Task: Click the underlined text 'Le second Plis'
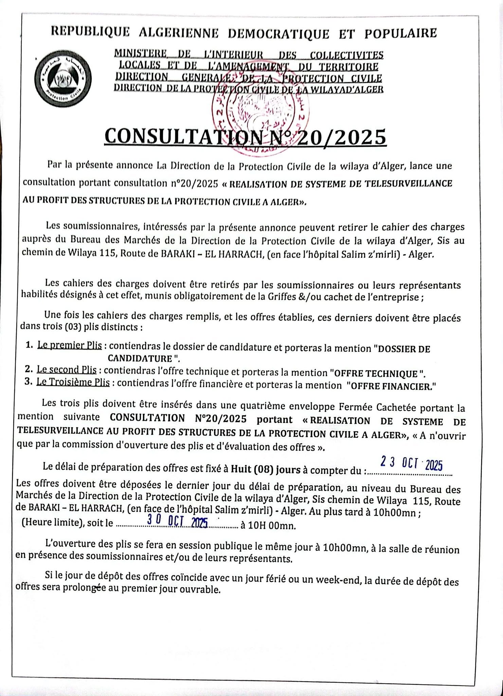tap(67, 369)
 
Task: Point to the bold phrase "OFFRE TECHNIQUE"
tap(377, 373)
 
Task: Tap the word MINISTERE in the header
tap(139, 54)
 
